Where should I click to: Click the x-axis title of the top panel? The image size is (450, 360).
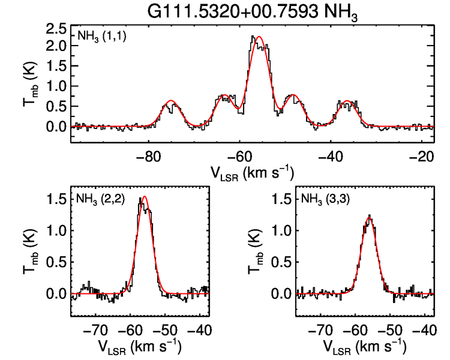tap(252, 173)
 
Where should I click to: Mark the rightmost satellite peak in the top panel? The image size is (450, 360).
tap(347, 101)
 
